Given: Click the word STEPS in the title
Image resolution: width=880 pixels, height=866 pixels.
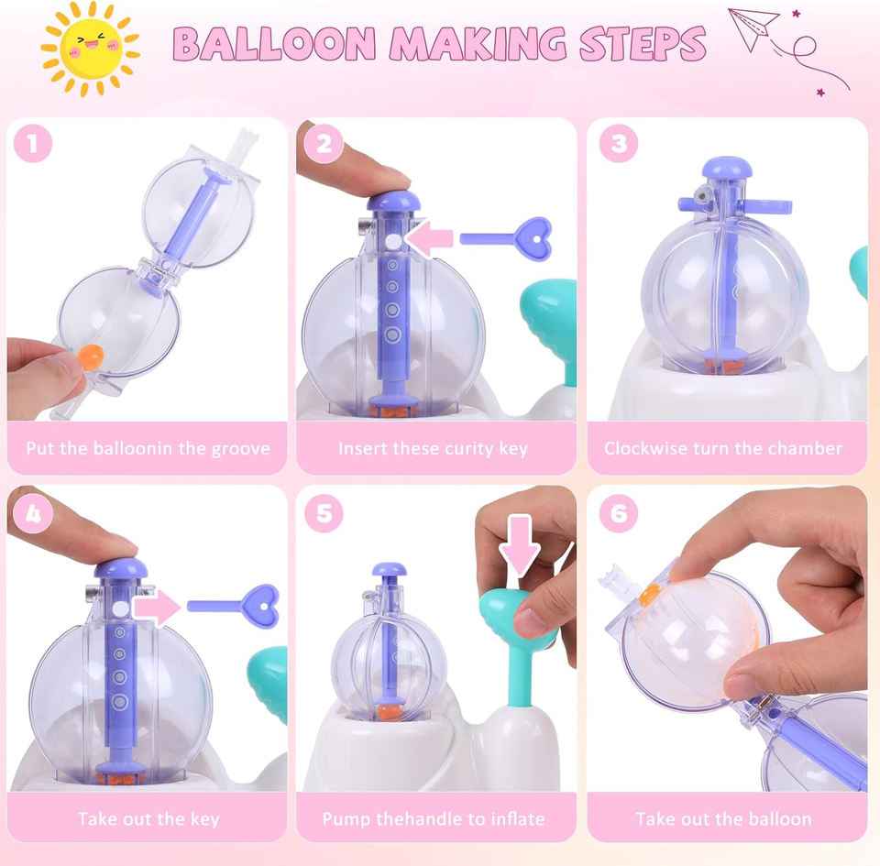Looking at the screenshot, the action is (642, 43).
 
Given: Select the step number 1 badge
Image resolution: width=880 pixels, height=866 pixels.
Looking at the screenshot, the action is (33, 143).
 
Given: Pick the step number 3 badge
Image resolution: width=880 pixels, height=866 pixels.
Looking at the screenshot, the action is (619, 143).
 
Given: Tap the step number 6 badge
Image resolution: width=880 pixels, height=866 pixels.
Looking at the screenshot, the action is (619, 513).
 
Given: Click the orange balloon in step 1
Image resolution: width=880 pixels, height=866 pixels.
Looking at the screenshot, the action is (91, 356).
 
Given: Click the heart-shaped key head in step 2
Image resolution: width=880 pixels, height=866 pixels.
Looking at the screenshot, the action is (533, 239).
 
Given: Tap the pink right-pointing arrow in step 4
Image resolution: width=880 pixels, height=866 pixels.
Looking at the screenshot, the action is (157, 607).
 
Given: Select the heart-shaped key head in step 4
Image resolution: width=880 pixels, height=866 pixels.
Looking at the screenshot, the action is (260, 606).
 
